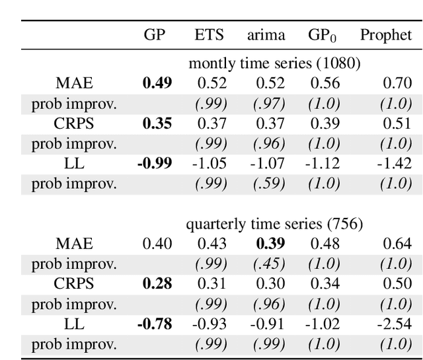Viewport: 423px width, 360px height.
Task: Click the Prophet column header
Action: coord(385,36)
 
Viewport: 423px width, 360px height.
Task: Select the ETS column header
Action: coord(209,36)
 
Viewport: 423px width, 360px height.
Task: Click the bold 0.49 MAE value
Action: coord(157,83)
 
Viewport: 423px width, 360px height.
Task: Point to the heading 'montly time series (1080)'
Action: coord(274,63)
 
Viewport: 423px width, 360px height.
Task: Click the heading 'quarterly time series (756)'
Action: coord(274,224)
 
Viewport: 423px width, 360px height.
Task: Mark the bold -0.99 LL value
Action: coord(155,163)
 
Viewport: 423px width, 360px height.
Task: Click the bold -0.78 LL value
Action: coord(155,324)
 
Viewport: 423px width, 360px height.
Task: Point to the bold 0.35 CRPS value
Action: coord(157,123)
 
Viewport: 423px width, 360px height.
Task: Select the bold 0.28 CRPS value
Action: coord(157,284)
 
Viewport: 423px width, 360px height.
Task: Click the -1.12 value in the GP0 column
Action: coord(322,163)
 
